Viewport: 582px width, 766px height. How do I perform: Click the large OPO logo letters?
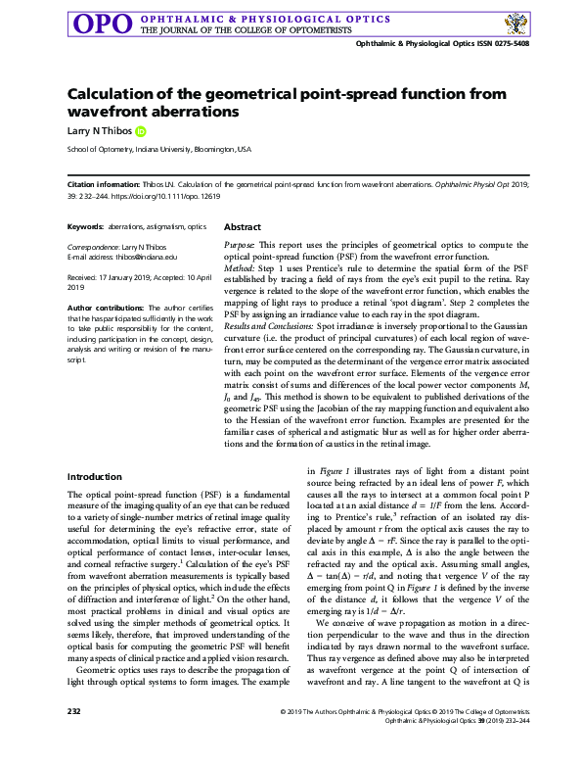point(101,23)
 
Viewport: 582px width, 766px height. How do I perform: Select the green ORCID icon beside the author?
point(140,130)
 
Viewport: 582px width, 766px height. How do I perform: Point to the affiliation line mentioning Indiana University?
point(159,150)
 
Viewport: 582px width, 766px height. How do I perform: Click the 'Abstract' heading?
point(243,226)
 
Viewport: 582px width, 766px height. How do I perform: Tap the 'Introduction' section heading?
point(94,476)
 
